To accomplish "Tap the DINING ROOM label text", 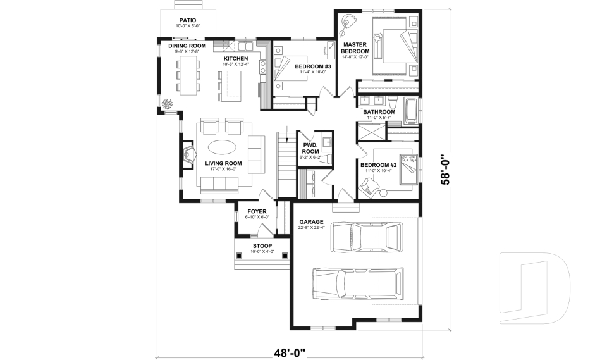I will click(187, 46).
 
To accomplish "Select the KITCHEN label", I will click(235, 59).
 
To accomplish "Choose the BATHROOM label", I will click(379, 112).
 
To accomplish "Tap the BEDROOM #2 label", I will click(377, 166).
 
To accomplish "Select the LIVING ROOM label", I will click(224, 163).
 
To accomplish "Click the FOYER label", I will click(257, 211).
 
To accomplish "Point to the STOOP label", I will click(262, 245).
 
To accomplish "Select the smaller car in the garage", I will click(366, 237).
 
